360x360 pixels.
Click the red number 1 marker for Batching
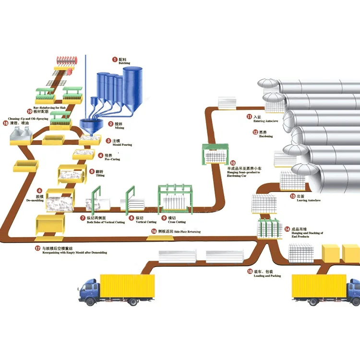(115, 60)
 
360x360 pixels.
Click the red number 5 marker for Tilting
(91, 171)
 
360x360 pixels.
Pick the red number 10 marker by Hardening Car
(233, 163)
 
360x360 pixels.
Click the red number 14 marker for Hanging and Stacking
(287, 229)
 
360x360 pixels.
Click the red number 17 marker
(37, 248)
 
